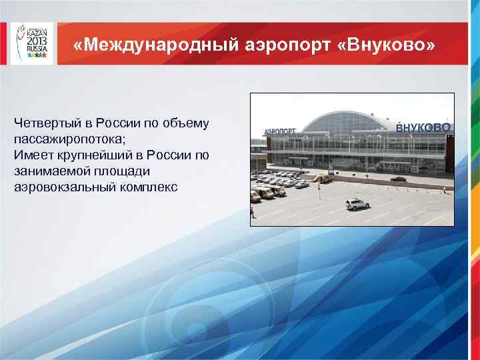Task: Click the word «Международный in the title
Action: point(141,46)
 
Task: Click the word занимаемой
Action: point(51,171)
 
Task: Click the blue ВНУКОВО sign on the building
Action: point(423,127)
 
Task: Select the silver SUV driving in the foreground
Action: point(357,203)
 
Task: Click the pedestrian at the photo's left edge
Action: point(253,212)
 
